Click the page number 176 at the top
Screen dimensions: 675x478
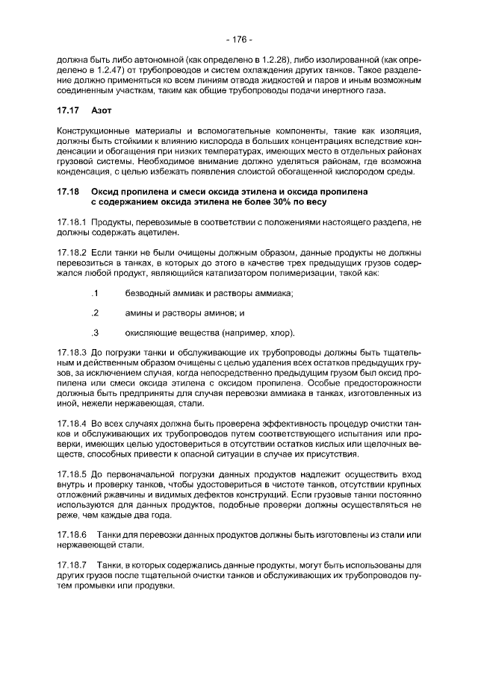coord(239,40)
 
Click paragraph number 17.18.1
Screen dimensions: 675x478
coord(72,223)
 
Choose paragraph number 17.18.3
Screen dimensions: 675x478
coord(72,351)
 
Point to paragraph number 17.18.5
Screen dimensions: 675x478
coord(72,473)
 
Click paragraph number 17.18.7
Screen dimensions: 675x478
coord(72,565)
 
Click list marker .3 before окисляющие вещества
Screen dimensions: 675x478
coord(95,332)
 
